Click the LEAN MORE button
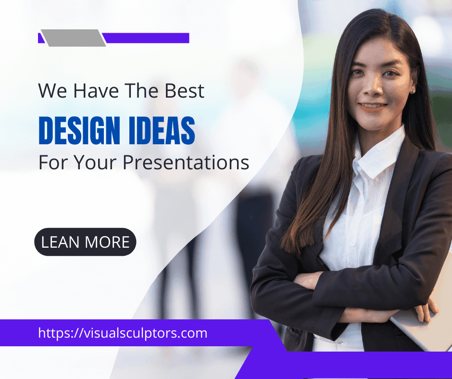point(85,242)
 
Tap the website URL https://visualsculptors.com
point(123,333)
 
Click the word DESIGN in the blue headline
point(79,130)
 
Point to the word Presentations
point(186,163)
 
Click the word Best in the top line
point(184,91)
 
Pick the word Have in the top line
point(96,91)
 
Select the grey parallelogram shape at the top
point(74,38)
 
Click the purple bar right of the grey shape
point(146,38)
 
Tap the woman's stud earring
point(414,92)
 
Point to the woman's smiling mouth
point(373,107)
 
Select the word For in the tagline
point(53,163)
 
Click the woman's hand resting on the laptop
point(426,309)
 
